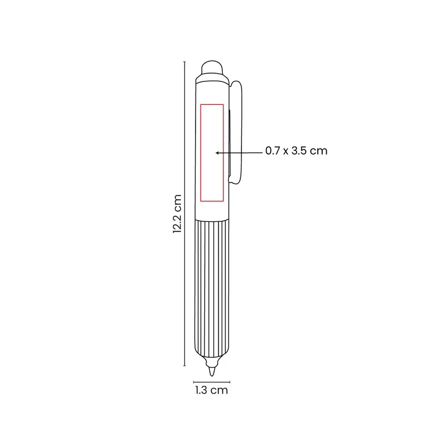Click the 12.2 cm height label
coord(177,214)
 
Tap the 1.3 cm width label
coord(211,390)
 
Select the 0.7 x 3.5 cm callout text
coord(296,151)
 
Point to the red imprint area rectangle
coord(200,153)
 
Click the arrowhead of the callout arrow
coord(217,153)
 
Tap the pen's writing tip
coord(212,372)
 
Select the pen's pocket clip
coord(235,132)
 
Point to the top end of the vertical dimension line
coord(185,62)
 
